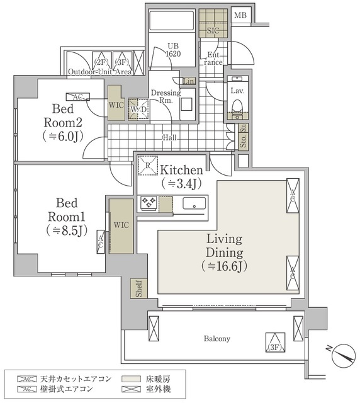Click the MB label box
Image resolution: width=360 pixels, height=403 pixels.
(x=241, y=15)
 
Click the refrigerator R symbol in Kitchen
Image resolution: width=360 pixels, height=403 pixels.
(x=146, y=167)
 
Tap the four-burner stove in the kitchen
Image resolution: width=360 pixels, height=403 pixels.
(x=148, y=203)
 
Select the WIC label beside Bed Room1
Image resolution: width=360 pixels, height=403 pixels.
(x=121, y=224)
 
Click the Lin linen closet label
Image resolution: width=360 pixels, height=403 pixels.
(x=188, y=81)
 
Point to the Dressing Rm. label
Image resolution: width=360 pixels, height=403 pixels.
(x=167, y=96)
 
